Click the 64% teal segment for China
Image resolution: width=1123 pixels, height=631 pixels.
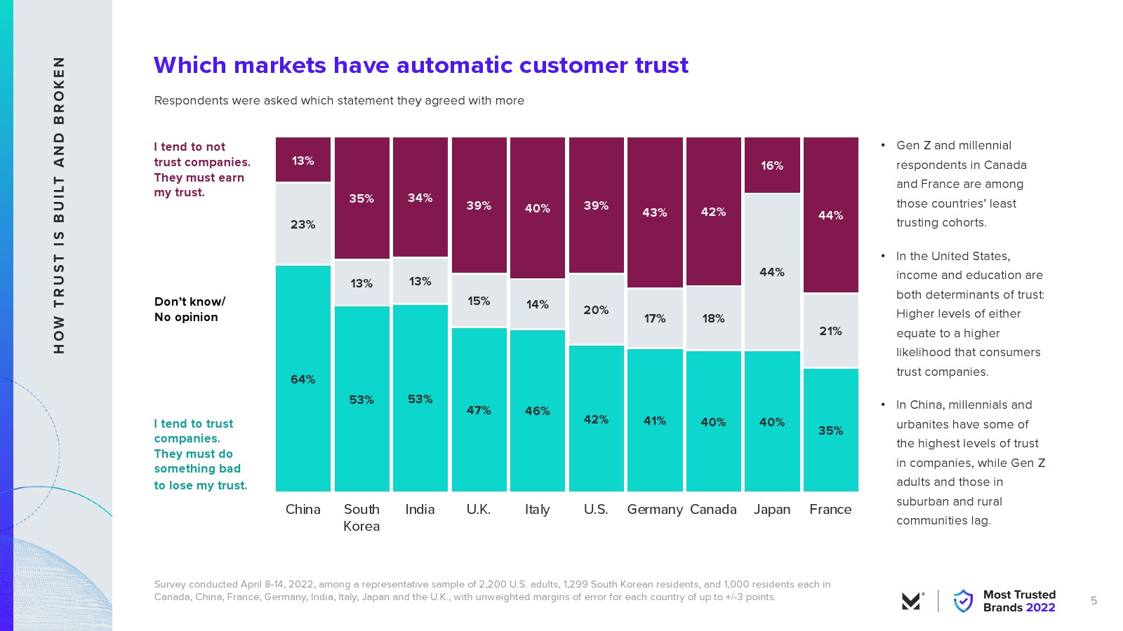click(x=303, y=379)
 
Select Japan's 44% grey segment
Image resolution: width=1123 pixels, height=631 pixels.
click(x=771, y=272)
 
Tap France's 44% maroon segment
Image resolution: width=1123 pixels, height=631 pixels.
click(x=830, y=215)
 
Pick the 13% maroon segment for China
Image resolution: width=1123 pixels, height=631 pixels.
click(x=303, y=161)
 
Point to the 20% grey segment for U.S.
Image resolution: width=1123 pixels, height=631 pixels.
click(x=596, y=309)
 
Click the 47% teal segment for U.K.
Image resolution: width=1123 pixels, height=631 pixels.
click(x=479, y=409)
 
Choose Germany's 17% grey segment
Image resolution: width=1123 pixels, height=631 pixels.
click(x=654, y=318)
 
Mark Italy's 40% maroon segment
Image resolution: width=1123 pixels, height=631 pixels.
click(x=537, y=208)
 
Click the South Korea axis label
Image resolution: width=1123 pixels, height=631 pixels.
click(x=361, y=517)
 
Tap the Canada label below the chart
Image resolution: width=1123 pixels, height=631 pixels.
click(x=713, y=510)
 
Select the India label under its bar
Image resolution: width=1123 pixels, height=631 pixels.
click(x=420, y=510)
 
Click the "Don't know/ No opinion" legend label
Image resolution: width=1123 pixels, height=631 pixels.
click(x=190, y=309)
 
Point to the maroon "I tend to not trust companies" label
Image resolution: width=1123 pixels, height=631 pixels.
click(x=202, y=170)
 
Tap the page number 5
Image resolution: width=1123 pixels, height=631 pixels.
click(x=1094, y=601)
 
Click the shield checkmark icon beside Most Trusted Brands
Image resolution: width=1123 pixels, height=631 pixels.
click(x=963, y=601)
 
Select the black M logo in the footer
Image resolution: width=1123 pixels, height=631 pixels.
click(x=912, y=601)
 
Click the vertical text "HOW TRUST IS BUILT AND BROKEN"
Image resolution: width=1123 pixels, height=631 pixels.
click(x=59, y=205)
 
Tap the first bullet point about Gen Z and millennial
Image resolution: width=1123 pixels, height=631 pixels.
click(x=962, y=184)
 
